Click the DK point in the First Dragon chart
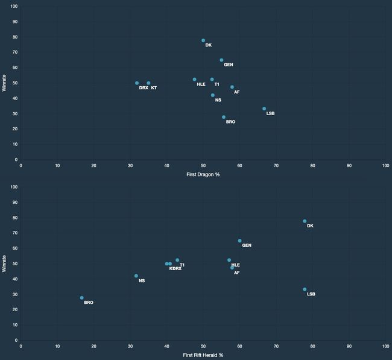click(x=203, y=40)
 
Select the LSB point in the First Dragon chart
click(x=264, y=109)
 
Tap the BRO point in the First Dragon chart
click(x=224, y=117)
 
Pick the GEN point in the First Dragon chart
click(x=221, y=60)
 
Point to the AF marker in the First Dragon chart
click(x=232, y=87)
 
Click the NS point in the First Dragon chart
click(x=213, y=95)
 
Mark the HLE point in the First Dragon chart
click(x=194, y=80)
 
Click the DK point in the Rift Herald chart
click(x=305, y=221)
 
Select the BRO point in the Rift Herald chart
click(x=82, y=298)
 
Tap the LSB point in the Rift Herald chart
click(x=305, y=289)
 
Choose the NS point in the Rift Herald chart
click(x=136, y=276)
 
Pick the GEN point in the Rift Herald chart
click(x=239, y=241)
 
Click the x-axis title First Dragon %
click(x=203, y=174)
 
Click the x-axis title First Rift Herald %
click(x=203, y=355)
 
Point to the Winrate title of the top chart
click(x=5, y=83)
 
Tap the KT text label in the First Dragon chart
click(x=154, y=88)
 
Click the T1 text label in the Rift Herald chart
click(x=182, y=265)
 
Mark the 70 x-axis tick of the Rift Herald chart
click(x=276, y=347)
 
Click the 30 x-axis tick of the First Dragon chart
click(x=130, y=166)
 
